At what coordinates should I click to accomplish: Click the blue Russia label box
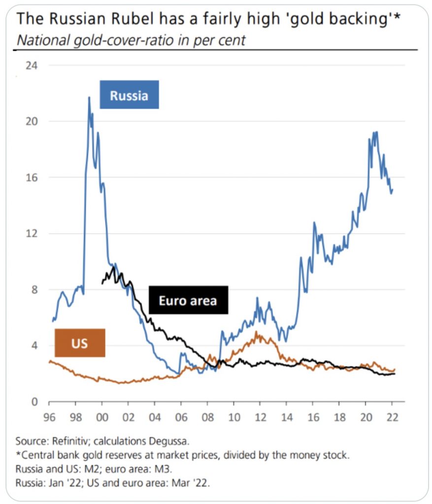tap(129, 94)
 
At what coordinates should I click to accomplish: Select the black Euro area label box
tap(188, 300)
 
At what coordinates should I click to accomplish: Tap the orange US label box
tap(80, 342)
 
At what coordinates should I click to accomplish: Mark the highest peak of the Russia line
tap(89, 97)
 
